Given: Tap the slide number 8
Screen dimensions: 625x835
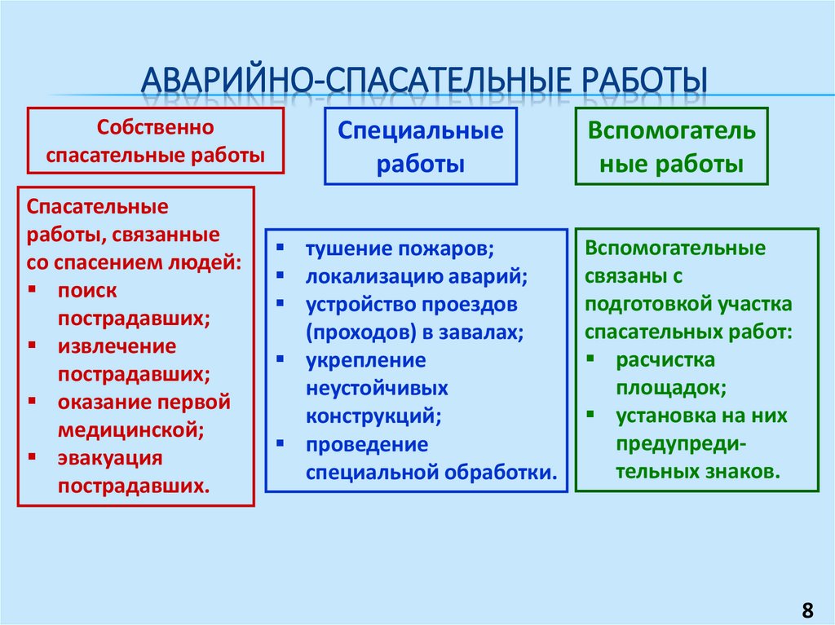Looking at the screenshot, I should [x=807, y=610].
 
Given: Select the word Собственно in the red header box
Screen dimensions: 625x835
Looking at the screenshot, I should [x=155, y=128].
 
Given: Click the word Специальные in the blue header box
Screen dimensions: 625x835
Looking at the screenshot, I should [x=421, y=131].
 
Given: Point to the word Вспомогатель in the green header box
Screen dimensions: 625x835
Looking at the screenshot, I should [x=672, y=131].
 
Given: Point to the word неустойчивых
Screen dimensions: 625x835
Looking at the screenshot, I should [x=377, y=388].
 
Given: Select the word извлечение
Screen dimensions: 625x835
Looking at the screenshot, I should [x=117, y=346].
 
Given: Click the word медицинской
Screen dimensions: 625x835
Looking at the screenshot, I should [x=129, y=429].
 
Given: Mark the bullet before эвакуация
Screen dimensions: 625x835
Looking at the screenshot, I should [x=32, y=458].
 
